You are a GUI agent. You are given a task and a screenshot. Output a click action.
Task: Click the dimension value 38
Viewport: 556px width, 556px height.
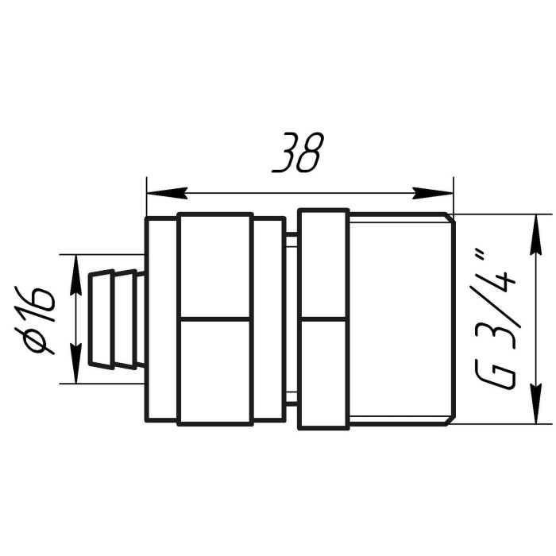point(297,153)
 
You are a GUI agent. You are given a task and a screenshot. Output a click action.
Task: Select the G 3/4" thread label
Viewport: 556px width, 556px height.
point(494,319)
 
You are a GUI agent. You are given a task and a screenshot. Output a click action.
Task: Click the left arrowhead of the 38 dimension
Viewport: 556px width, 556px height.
point(167,193)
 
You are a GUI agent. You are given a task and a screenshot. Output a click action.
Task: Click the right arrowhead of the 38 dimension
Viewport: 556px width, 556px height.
point(433,193)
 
